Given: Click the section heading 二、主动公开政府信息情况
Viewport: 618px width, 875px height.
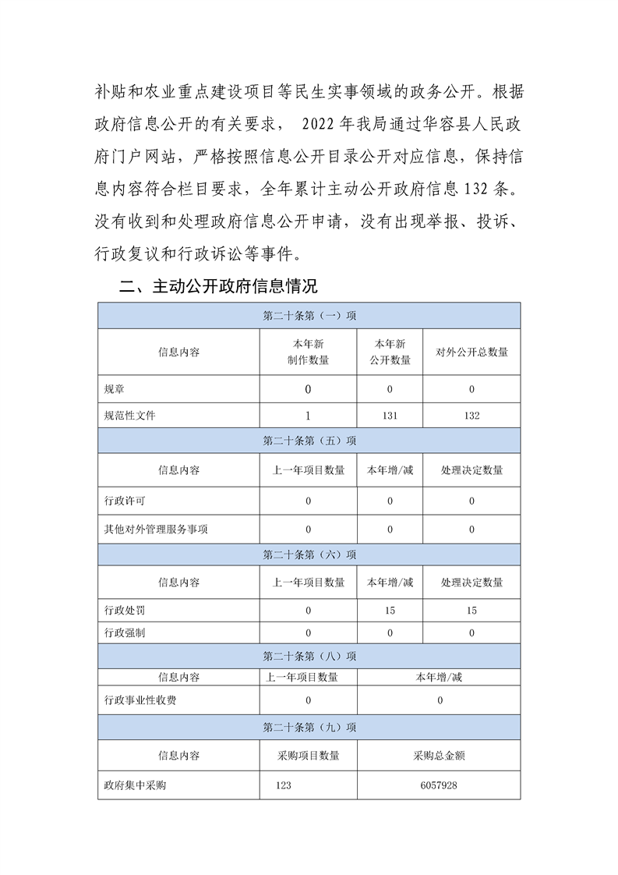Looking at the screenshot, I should click(219, 286).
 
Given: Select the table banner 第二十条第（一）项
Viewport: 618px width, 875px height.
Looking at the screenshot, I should click(309, 316).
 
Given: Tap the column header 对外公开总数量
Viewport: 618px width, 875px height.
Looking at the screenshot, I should click(471, 352).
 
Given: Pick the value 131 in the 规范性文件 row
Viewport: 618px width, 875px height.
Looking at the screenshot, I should click(390, 416).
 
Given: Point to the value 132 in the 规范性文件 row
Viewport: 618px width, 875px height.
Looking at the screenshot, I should click(471, 416).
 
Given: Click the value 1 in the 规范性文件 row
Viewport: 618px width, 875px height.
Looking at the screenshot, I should click(308, 416).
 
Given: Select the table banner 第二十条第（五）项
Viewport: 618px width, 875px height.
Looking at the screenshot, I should click(309, 441).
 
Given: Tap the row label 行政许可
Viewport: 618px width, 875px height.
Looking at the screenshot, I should click(125, 501).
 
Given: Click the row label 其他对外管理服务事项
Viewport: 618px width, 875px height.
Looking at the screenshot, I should click(156, 529).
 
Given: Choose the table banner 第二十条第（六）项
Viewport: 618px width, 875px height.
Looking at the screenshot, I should click(309, 554).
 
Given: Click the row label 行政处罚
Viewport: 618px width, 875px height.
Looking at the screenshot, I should click(125, 610).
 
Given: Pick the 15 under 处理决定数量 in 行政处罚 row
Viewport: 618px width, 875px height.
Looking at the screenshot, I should click(471, 610).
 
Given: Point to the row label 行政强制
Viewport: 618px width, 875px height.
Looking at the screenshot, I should click(125, 632).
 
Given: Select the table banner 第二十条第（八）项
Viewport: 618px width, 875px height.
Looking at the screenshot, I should click(309, 656).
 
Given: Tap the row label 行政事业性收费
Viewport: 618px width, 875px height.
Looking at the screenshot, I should click(140, 700).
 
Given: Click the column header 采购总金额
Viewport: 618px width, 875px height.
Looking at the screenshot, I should click(440, 755).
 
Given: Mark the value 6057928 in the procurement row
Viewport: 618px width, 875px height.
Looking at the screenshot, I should click(440, 785).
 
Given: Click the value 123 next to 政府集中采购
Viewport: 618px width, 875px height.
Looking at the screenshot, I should click(283, 785).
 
